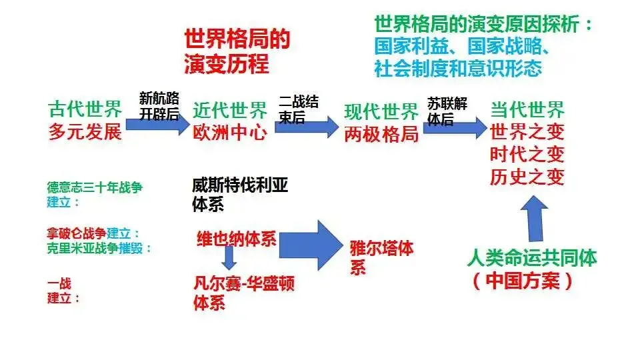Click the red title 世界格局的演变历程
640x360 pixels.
click(237, 51)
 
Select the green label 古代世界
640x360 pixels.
click(85, 109)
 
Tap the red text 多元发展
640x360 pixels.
click(85, 132)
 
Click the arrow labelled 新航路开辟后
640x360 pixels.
click(158, 124)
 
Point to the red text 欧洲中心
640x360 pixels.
click(230, 133)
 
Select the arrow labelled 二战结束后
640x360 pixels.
click(307, 127)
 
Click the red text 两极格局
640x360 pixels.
click(381, 134)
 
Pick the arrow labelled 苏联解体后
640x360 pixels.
click(455, 128)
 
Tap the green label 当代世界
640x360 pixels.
click(527, 109)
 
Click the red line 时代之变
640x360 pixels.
click(527, 154)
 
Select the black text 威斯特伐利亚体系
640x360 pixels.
click(240, 195)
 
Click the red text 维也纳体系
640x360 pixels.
click(237, 239)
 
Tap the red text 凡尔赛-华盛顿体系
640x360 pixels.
click(244, 293)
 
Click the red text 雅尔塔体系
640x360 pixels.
click(381, 258)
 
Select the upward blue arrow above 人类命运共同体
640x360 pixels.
click(535, 219)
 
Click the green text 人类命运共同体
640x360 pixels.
click(532, 258)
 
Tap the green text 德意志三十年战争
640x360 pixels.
click(95, 187)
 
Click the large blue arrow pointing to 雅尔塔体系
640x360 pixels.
click(311, 245)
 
